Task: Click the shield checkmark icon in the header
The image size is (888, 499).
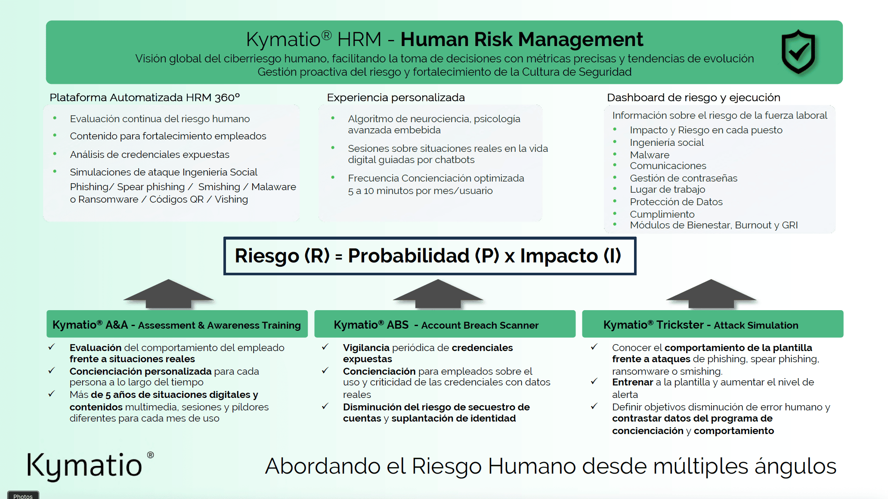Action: [798, 52]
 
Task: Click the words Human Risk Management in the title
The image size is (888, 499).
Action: [522, 40]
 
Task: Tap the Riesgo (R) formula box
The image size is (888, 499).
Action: [429, 256]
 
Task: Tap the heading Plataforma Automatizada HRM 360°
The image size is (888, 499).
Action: [145, 98]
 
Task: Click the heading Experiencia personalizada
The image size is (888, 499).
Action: [396, 98]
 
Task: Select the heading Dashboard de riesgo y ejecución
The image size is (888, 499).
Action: [693, 98]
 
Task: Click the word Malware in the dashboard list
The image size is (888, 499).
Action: [650, 155]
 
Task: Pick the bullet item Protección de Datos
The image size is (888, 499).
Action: [676, 202]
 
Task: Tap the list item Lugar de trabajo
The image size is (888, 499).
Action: [667, 190]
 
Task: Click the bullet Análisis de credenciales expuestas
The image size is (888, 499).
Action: [149, 154]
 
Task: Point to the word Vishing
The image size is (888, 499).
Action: [231, 200]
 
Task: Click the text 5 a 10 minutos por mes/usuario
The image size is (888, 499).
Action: [420, 191]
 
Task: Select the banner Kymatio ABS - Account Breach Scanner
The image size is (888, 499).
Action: [445, 325]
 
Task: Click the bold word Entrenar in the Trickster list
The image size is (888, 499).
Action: [632, 382]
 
